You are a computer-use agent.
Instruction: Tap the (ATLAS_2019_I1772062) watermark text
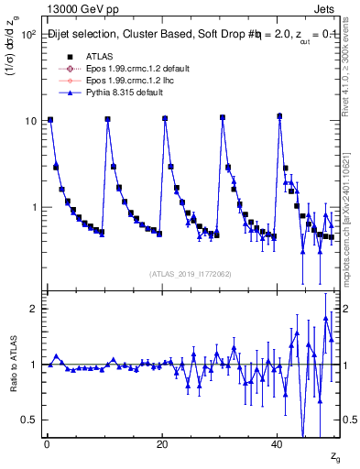point(190,274)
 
